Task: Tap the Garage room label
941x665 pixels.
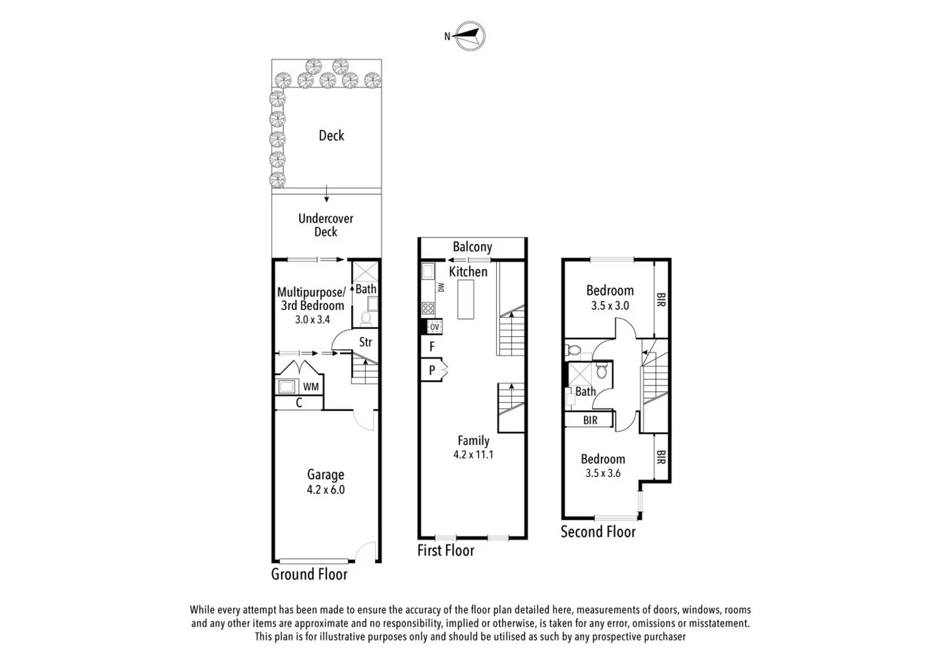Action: [x=326, y=475]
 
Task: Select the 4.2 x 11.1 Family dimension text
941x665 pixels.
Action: [x=473, y=455]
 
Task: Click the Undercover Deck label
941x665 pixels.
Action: [x=326, y=225]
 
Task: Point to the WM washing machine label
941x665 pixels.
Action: [x=311, y=387]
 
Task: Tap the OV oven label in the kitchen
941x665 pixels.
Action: [x=434, y=326]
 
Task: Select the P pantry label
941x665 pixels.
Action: [x=432, y=370]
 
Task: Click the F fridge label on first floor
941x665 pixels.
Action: [x=432, y=347]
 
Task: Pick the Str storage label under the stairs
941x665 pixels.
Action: [x=365, y=342]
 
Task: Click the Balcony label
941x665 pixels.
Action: [x=472, y=247]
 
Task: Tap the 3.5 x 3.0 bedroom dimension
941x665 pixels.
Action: [x=610, y=305]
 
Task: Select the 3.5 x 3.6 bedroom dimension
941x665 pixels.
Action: [x=603, y=474]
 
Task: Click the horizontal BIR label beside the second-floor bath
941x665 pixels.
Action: [x=590, y=420]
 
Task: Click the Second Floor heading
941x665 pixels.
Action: [x=597, y=531]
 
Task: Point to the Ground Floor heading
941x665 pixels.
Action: [x=309, y=574]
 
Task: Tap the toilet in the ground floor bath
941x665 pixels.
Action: [x=365, y=318]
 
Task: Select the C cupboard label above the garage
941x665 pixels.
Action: [x=299, y=403]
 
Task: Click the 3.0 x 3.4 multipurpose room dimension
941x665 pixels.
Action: [x=312, y=320]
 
